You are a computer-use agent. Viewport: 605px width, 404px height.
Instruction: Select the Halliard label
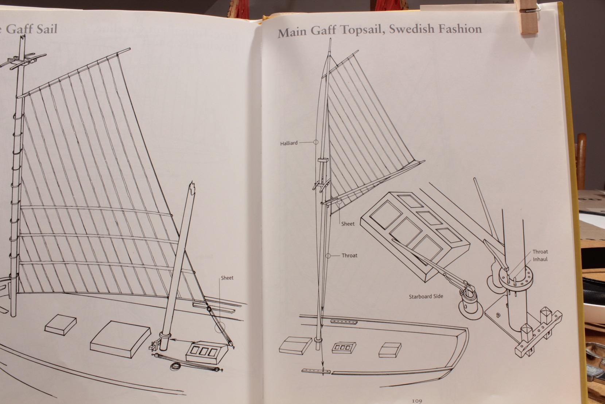pos(289,143)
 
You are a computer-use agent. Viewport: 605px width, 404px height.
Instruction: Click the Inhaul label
pos(540,259)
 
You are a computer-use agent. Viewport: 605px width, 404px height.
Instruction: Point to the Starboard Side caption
pos(426,296)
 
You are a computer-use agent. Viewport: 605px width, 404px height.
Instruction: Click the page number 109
pos(417,400)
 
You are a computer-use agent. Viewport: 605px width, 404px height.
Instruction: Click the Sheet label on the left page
pos(227,278)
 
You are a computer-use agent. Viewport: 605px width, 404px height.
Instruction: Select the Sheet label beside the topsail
pos(348,224)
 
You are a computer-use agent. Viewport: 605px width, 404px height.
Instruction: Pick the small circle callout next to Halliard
pos(316,142)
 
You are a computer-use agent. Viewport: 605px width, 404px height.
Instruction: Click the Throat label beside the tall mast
pos(349,255)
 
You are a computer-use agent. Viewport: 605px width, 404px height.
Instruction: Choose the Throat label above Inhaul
pos(540,252)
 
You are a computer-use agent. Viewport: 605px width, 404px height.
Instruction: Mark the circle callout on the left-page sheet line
pos(220,328)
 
